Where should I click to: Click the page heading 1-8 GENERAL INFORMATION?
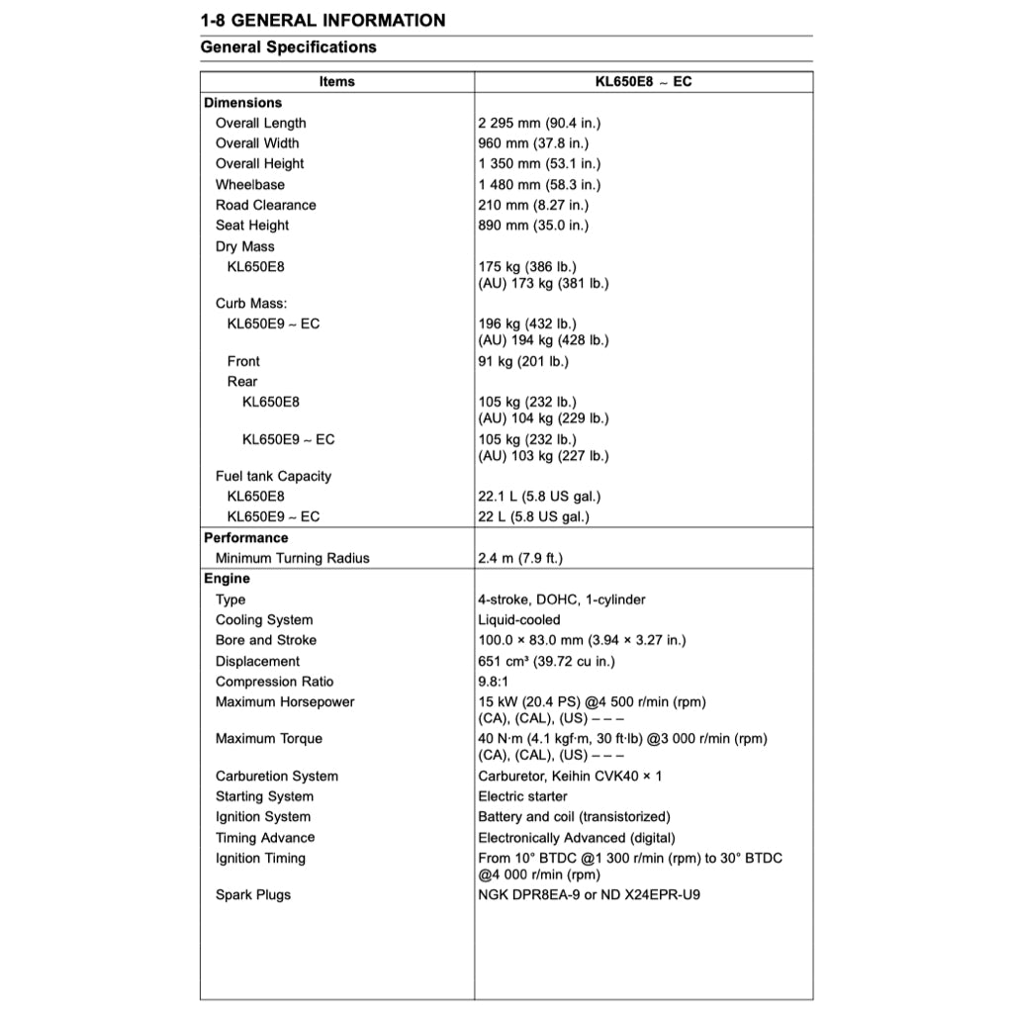322,20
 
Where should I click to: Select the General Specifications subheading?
288,46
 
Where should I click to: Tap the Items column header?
336,81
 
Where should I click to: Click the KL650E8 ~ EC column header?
643,81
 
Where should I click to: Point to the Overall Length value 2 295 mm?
539,123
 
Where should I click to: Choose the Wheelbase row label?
249,184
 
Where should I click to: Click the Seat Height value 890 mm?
532,225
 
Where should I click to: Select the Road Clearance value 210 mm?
532,205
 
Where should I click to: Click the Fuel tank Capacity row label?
273,476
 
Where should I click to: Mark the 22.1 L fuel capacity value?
538,496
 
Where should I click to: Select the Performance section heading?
245,537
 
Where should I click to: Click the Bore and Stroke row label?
265,640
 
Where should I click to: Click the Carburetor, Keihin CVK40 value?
570,776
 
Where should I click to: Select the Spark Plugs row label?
253,894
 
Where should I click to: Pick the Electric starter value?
522,796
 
